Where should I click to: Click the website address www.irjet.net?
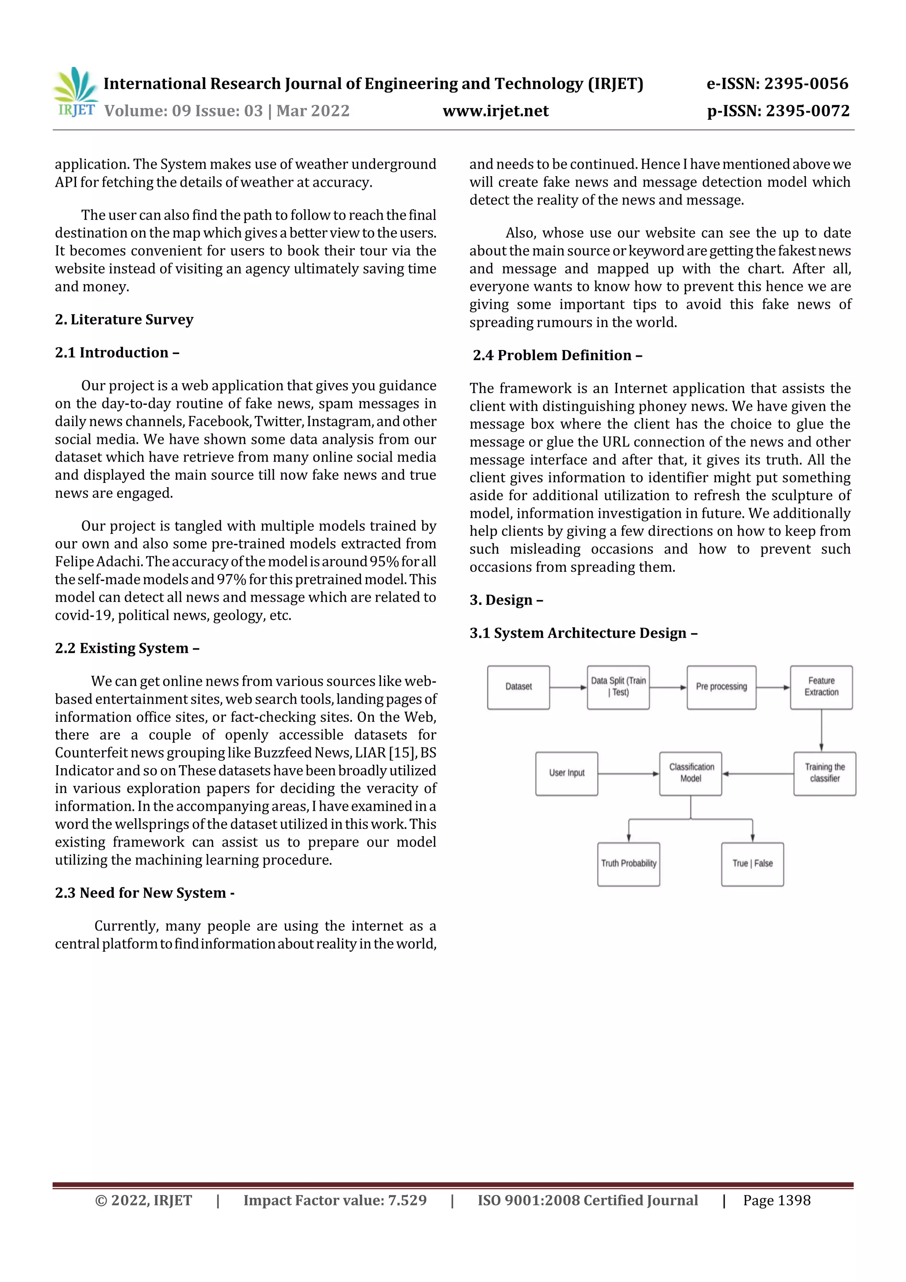(495, 111)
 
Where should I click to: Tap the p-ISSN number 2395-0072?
(807, 111)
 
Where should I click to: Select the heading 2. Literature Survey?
(124, 320)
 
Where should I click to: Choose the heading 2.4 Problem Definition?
(557, 355)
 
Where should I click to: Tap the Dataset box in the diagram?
(518, 687)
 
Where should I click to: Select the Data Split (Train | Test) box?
(618, 687)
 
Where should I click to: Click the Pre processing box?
(721, 687)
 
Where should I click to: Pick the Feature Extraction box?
(821, 687)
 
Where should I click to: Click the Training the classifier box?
(825, 774)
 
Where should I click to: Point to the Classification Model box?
(691, 774)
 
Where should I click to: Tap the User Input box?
(567, 774)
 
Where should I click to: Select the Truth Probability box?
(629, 864)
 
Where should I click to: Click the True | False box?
(752, 864)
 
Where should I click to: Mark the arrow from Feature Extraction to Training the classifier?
(821, 730)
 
